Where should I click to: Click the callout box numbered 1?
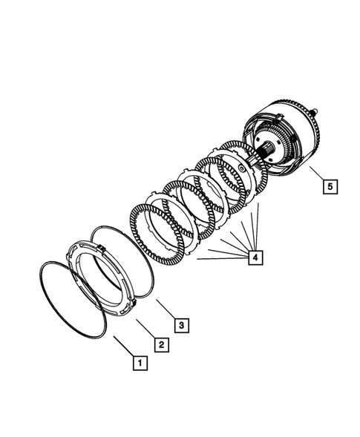point(137,364)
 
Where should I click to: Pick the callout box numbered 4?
point(255,257)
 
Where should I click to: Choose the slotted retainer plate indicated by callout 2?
point(77,275)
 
